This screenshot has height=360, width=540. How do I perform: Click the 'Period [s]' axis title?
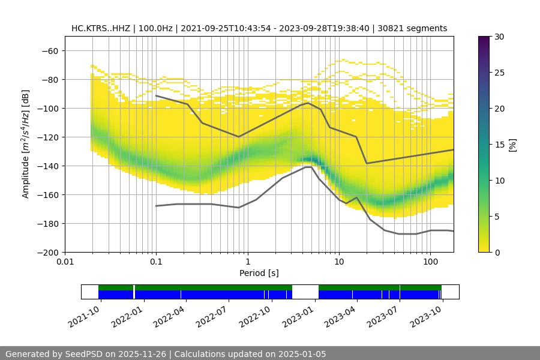point(259,273)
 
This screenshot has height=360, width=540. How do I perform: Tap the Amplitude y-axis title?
point(26,145)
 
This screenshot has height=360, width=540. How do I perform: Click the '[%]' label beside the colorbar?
point(512,145)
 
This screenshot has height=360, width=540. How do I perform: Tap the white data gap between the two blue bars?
point(305,292)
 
